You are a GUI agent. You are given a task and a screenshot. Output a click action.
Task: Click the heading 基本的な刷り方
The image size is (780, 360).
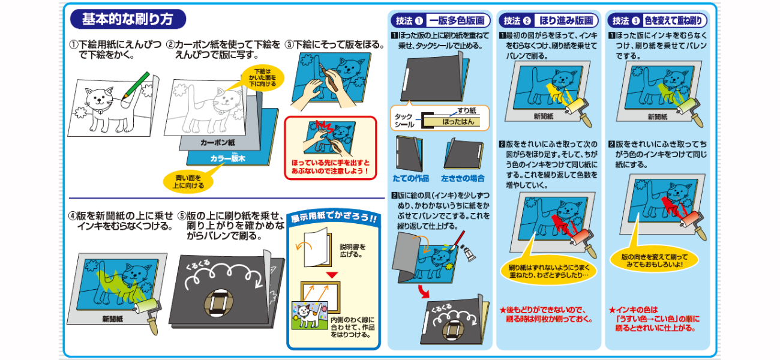pos(128,19)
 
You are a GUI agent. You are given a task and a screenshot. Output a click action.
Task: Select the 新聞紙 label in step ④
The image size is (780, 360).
pos(112,319)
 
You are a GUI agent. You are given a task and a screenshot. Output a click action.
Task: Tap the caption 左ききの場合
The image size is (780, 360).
pos(463,178)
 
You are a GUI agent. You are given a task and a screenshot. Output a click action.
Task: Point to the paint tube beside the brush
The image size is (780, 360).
pos(470,253)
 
